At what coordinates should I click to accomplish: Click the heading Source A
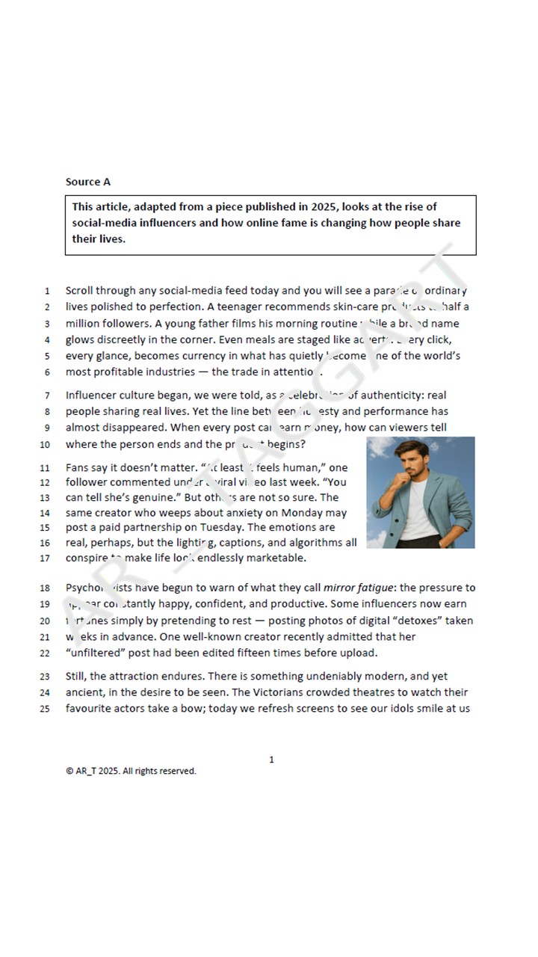point(87,182)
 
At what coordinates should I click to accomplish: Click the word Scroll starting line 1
point(81,291)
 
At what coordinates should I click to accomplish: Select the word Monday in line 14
point(326,513)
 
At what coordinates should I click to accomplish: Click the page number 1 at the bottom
point(271,760)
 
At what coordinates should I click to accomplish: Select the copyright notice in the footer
point(131,771)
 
